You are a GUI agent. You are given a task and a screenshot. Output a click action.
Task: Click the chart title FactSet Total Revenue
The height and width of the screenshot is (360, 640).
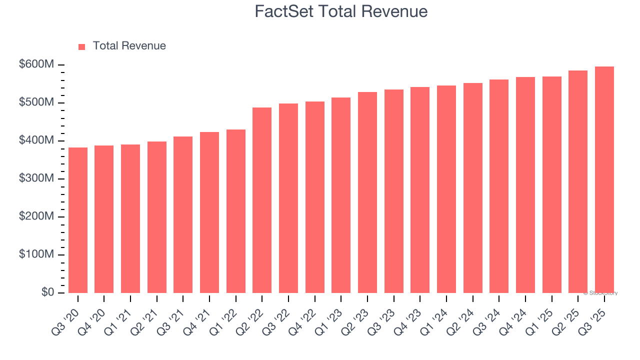341,11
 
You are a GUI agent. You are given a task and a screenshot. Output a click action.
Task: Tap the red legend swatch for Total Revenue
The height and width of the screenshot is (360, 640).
82,46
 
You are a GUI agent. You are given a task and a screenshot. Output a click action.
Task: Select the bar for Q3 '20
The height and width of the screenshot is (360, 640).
78,220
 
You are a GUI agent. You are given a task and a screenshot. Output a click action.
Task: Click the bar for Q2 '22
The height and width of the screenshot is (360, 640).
262,200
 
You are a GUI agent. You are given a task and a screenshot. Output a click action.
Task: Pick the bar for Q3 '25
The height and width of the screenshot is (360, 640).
604,180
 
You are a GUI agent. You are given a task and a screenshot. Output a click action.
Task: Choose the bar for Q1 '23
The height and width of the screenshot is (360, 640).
341,195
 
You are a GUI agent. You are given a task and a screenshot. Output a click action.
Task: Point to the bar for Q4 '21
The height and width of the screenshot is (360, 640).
209,212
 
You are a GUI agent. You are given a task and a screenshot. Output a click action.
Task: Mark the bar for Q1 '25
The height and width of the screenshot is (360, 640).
552,185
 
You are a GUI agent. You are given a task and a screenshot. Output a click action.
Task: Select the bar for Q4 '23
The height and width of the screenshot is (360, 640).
420,190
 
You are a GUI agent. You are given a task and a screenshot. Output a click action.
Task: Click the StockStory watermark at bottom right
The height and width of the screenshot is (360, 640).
600,293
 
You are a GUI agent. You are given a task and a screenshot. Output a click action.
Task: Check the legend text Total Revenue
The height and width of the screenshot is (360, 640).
129,46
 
